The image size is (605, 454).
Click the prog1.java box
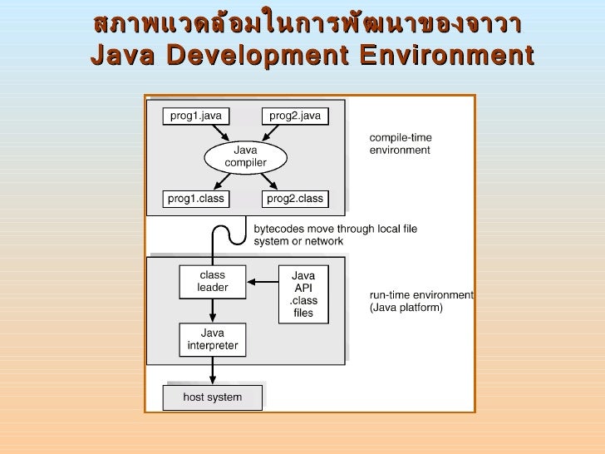[196, 116]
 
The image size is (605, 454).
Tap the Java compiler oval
[245, 156]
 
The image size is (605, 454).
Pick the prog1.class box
[197, 199]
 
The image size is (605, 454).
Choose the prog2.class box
[295, 199]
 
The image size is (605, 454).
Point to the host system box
[212, 397]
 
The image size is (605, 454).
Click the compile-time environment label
[400, 144]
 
